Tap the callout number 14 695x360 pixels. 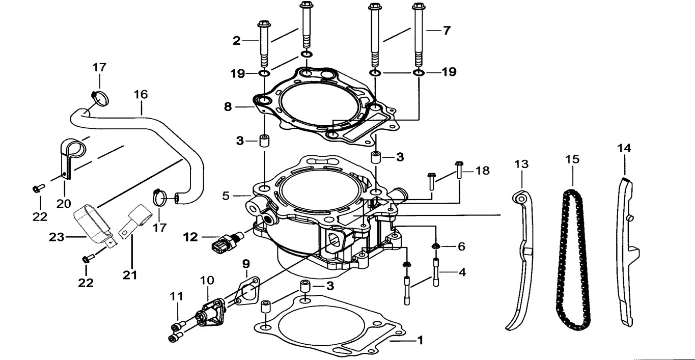[624, 148]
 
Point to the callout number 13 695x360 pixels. [521, 164]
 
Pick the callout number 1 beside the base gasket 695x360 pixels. [420, 339]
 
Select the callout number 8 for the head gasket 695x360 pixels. [228, 107]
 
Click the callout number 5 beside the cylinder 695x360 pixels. [227, 195]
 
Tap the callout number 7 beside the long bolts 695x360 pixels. [447, 31]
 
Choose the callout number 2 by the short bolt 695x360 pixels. [236, 41]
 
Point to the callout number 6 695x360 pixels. [461, 246]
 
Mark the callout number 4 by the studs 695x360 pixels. [462, 272]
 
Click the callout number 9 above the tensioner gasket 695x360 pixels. [246, 264]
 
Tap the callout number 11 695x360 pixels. [176, 295]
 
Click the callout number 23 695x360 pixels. [57, 237]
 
